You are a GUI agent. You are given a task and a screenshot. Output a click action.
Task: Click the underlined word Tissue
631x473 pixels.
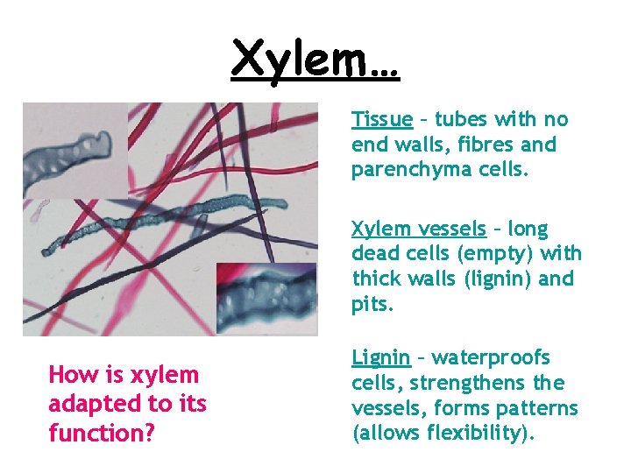[382, 119]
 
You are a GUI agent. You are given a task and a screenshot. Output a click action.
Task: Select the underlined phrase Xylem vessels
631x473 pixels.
[418, 229]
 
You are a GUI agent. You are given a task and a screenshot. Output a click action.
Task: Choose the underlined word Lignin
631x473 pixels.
[380, 357]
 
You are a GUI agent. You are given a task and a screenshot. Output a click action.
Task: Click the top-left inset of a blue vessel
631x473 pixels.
[74, 149]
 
